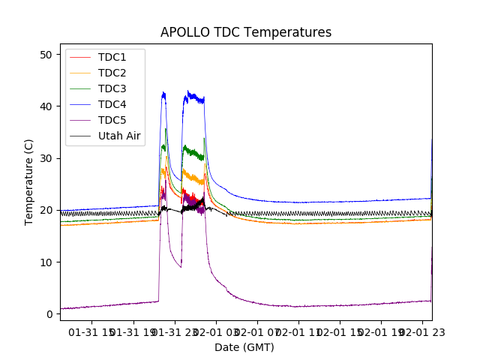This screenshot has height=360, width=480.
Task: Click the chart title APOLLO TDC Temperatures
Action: tap(246, 32)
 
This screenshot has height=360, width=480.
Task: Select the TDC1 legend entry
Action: tap(112, 57)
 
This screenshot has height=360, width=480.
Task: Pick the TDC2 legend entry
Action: tap(112, 73)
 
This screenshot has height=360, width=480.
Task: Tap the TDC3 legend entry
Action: tap(112, 88)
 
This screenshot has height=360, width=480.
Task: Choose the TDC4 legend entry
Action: tap(112, 104)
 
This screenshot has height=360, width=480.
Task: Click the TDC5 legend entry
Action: tap(112, 120)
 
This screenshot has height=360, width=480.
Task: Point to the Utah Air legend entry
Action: tap(120, 136)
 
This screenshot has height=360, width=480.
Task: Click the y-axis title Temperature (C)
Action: tap(30, 181)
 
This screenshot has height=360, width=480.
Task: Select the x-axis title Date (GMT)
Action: tap(244, 347)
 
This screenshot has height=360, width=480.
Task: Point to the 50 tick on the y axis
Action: tap(46, 55)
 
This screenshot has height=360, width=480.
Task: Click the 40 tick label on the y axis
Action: tap(46, 106)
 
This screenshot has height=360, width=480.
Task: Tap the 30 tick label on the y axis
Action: tap(46, 158)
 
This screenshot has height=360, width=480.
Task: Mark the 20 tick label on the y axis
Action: tap(46, 210)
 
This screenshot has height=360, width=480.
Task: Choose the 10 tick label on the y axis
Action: tap(46, 262)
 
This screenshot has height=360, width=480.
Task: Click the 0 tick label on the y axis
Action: tap(49, 313)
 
